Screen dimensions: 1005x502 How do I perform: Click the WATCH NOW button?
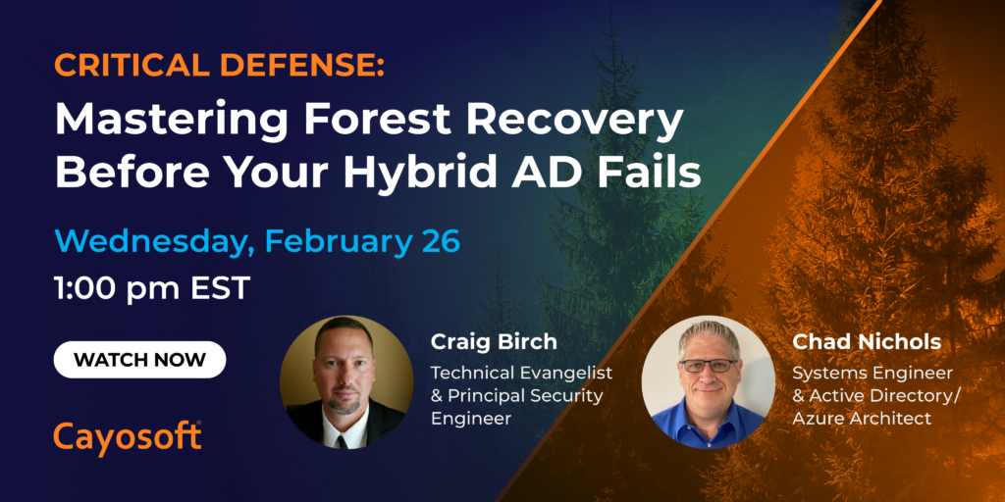(x=139, y=359)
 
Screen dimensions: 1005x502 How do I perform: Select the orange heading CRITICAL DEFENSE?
(x=219, y=67)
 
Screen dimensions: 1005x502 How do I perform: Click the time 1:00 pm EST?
(x=152, y=289)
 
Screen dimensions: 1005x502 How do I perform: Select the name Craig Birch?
(x=494, y=342)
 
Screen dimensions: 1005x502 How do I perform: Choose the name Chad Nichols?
(x=867, y=342)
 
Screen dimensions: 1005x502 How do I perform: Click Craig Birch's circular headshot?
(x=346, y=381)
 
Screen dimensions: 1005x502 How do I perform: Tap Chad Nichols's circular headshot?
(x=709, y=381)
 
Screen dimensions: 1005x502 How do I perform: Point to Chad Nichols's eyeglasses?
(x=709, y=366)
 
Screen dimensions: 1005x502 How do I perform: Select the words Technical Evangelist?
(x=521, y=373)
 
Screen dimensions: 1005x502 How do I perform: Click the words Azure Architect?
(x=862, y=420)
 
